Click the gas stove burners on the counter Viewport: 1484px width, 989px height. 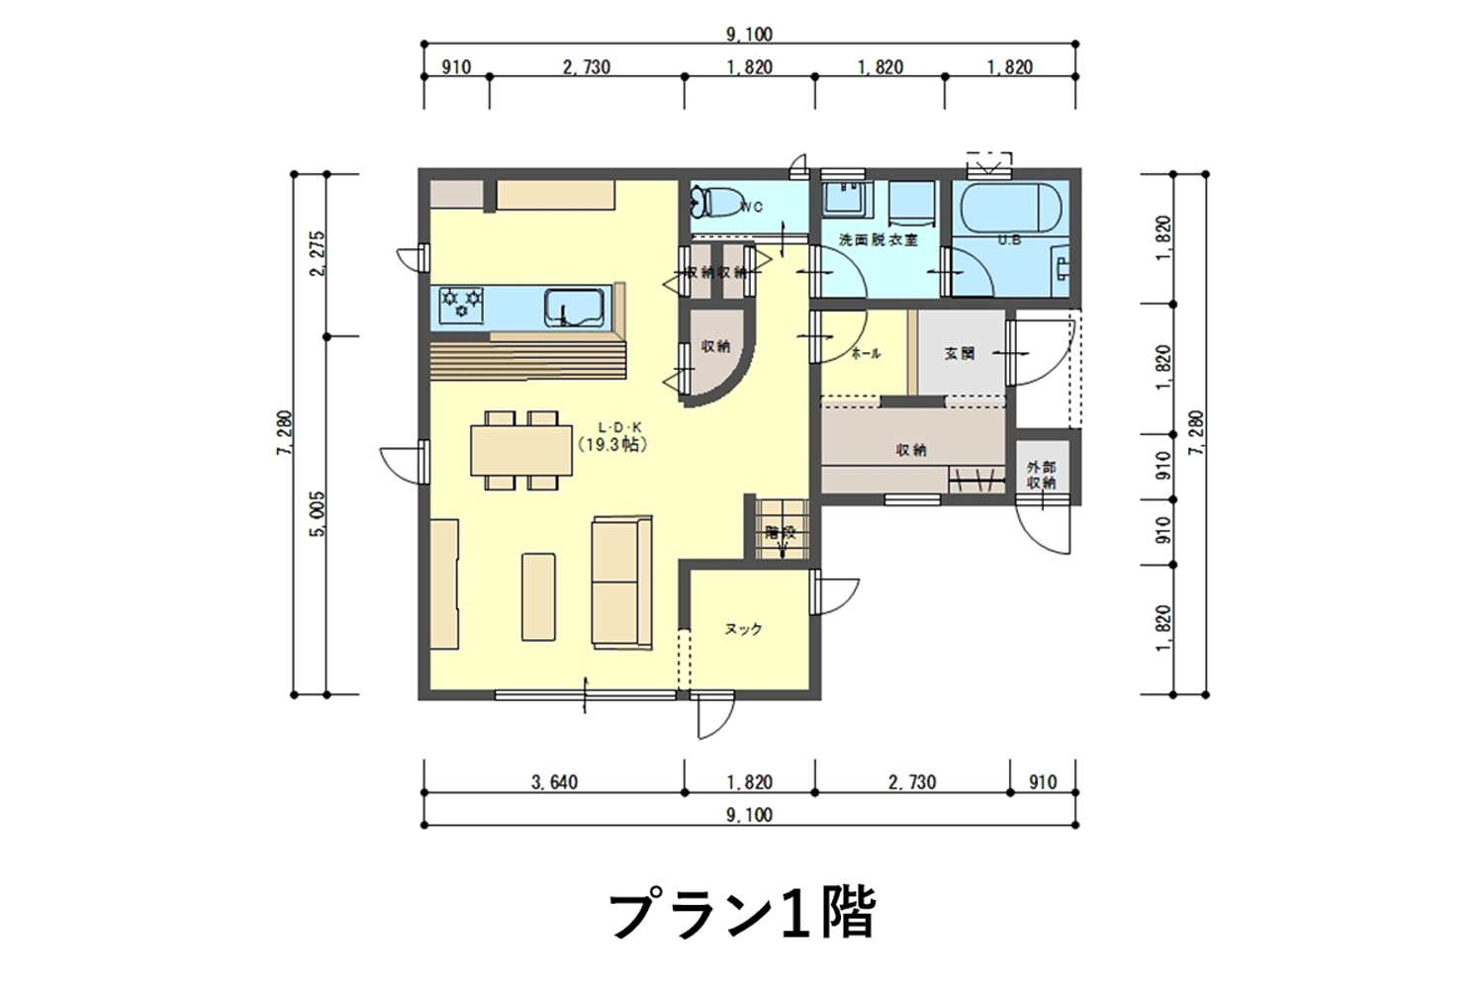pos(461,304)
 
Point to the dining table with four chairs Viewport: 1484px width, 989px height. pos(521,450)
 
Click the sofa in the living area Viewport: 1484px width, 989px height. pos(621,583)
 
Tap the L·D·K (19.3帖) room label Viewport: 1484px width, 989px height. pos(613,437)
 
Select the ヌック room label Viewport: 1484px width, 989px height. pos(743,629)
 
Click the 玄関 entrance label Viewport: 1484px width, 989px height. pos(959,353)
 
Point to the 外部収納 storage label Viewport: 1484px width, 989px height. pos(1041,475)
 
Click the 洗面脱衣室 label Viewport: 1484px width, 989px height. pos(878,240)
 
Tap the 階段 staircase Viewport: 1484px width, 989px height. pos(781,531)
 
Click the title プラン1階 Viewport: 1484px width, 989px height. pos(741,915)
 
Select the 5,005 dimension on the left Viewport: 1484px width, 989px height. pos(318,514)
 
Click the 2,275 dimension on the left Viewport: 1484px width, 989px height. pos(318,255)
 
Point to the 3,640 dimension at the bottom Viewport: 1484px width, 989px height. pos(554,782)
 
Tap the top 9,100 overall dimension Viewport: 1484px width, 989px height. pos(749,35)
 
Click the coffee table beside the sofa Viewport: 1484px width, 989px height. pos(539,596)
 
